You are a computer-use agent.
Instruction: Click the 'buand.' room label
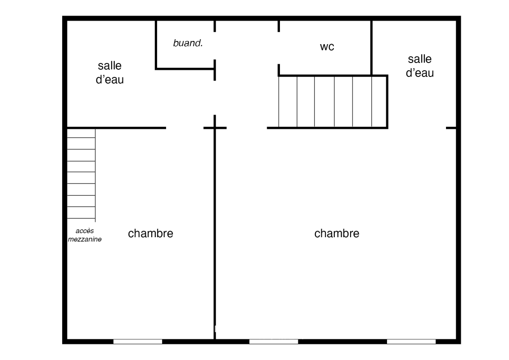pyautogui.click(x=188, y=43)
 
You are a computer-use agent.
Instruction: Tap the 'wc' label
pyautogui.click(x=327, y=47)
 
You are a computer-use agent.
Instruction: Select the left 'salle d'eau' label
pyautogui.click(x=110, y=72)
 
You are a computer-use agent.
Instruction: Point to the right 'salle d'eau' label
pyautogui.click(x=420, y=66)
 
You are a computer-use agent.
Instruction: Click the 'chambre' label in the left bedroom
pyautogui.click(x=150, y=233)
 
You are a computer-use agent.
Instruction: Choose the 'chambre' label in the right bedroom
pyautogui.click(x=337, y=233)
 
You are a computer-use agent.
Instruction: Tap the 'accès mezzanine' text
pyautogui.click(x=85, y=235)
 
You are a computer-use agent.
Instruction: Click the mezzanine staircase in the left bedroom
pyautogui.click(x=81, y=174)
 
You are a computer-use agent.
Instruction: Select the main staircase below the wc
pyautogui.click(x=333, y=102)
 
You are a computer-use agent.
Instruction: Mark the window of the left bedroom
pyautogui.click(x=138, y=342)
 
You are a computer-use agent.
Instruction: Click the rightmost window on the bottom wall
pyautogui.click(x=411, y=342)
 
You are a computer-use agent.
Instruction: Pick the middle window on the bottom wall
pyautogui.click(x=274, y=342)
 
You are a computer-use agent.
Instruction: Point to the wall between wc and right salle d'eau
pyautogui.click(x=371, y=48)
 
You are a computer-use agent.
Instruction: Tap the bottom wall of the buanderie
pyautogui.click(x=185, y=69)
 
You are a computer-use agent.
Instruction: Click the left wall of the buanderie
pyautogui.click(x=156, y=45)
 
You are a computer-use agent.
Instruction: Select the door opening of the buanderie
pyautogui.click(x=215, y=46)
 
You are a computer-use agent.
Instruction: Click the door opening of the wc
pyautogui.click(x=279, y=48)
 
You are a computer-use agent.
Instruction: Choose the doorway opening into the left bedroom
pyautogui.click(x=185, y=128)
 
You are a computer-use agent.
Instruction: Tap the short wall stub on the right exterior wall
pyautogui.click(x=451, y=128)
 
